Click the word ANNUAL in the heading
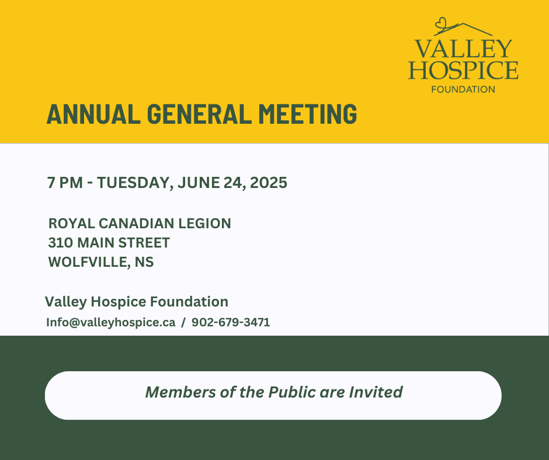93,114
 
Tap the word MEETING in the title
308,114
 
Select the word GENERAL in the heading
200,114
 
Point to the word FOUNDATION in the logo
463,90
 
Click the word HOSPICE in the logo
463,70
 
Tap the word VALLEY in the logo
463,48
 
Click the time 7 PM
65,183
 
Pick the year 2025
269,183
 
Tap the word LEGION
204,224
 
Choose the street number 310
61,243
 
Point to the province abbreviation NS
144,262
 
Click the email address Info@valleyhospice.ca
110,322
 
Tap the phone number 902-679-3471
231,322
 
